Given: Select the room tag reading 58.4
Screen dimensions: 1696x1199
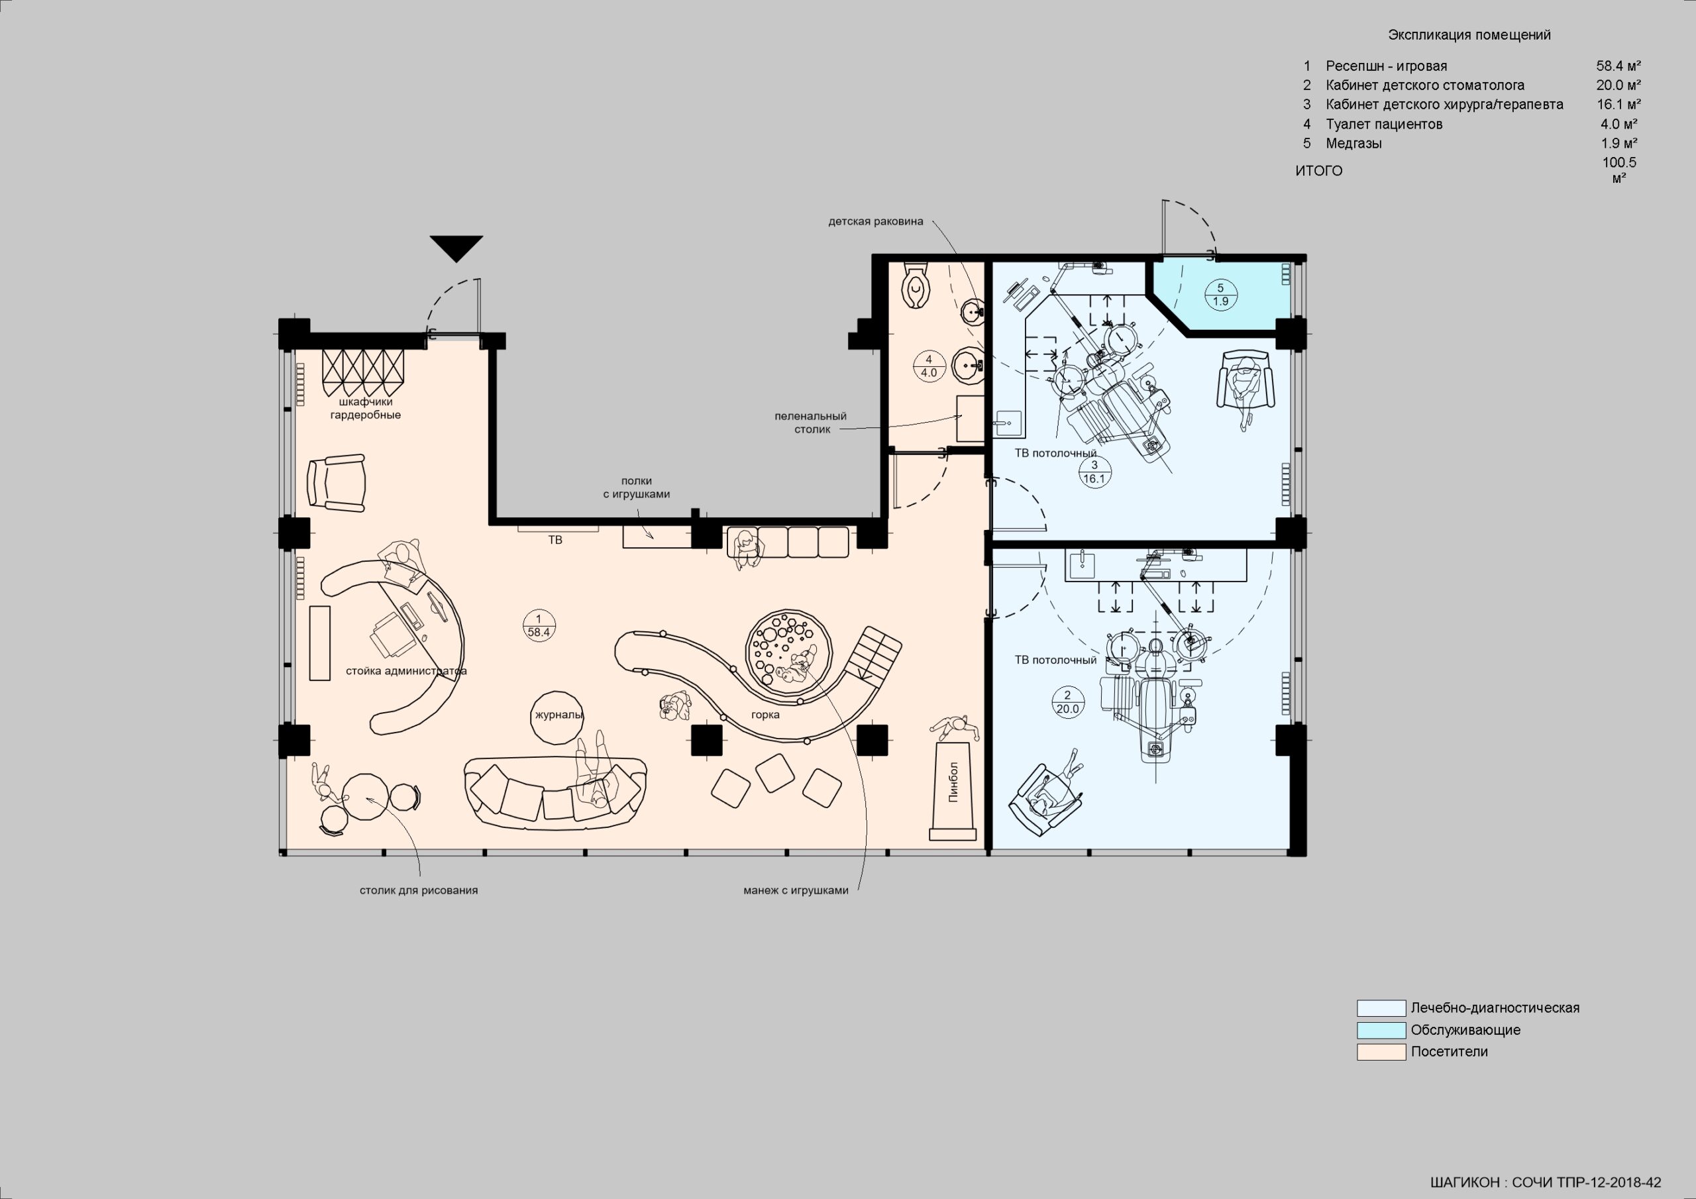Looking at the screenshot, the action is pyautogui.click(x=539, y=626).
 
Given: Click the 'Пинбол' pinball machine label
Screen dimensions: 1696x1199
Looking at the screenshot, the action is pyautogui.click(x=953, y=782).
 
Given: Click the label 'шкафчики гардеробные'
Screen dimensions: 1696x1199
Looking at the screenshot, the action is pyautogui.click(x=365, y=409).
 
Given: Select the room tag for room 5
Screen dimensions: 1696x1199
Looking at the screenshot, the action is pyautogui.click(x=1220, y=295).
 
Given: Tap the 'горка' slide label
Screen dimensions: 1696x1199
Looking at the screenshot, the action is pyautogui.click(x=765, y=714).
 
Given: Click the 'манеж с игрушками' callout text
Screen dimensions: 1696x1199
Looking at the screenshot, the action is pyautogui.click(x=796, y=890).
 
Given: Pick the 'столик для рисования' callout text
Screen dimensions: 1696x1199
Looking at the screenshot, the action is pyautogui.click(x=419, y=890).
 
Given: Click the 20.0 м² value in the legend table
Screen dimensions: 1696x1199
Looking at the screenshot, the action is pyautogui.click(x=1618, y=85).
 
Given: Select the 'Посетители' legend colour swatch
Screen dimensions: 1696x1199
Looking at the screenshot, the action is pyautogui.click(x=1381, y=1051).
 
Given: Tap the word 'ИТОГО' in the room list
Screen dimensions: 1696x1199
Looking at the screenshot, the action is pyautogui.click(x=1318, y=171).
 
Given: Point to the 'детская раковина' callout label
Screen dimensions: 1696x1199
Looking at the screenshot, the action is pyautogui.click(x=875, y=221).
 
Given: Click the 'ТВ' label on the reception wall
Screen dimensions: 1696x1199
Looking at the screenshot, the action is pyautogui.click(x=555, y=540).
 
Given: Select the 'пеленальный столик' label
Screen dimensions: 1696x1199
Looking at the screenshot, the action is pyautogui.click(x=811, y=423).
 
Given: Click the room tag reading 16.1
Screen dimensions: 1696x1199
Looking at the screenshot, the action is pyautogui.click(x=1094, y=472).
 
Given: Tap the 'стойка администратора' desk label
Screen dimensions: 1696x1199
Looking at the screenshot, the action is pyautogui.click(x=406, y=671).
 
